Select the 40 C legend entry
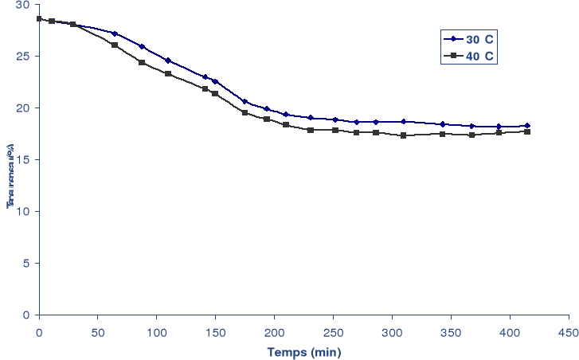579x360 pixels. pyautogui.click(x=470, y=55)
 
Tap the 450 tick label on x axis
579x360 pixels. pyautogui.click(x=568, y=329)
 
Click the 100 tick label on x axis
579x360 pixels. pyautogui.click(x=156, y=329)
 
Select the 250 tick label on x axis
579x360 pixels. pyautogui.click(x=333, y=329)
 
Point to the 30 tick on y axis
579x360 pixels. pyautogui.click(x=22, y=5)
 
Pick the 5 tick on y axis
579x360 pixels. pyautogui.click(x=25, y=264)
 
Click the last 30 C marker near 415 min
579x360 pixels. pyautogui.click(x=527, y=126)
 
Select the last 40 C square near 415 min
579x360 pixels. pyautogui.click(x=527, y=131)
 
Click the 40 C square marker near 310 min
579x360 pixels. pyautogui.click(x=404, y=135)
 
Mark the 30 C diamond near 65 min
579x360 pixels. pyautogui.click(x=115, y=33)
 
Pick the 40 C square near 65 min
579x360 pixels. pyautogui.click(x=115, y=45)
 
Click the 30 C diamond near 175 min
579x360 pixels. pyautogui.click(x=245, y=102)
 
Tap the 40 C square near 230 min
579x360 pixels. pyautogui.click(x=310, y=130)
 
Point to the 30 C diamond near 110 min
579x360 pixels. pyautogui.click(x=168, y=61)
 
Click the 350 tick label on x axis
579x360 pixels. pyautogui.click(x=451, y=329)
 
